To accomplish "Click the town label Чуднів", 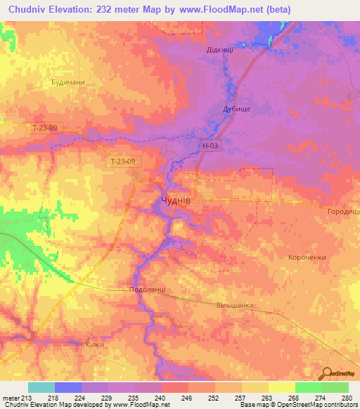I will point(172,202).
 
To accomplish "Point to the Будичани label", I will point(68,82).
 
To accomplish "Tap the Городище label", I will point(343,211).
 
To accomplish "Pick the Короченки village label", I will point(307,257).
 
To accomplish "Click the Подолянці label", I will point(148,289).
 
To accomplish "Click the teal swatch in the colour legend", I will point(41,387).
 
